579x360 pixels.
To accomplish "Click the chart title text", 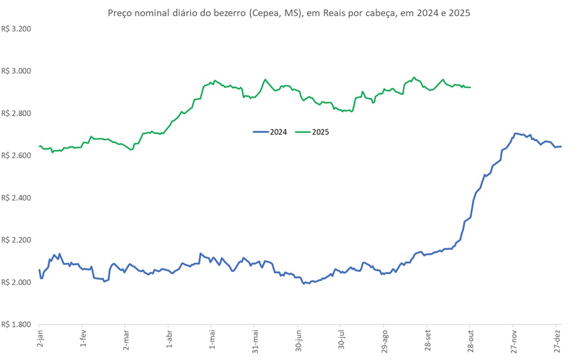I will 289,13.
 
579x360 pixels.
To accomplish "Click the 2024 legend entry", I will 269,132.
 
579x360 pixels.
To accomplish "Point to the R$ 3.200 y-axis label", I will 16,28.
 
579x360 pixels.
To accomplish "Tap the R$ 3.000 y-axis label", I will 16,71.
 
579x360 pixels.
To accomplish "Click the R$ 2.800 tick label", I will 16,113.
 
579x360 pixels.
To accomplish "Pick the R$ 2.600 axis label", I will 16,156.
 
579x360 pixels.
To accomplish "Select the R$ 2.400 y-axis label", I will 16,198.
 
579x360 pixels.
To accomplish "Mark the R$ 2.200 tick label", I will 16,240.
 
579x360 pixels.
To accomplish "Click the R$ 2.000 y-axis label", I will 16,283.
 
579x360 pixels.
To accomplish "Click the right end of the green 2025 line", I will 470,88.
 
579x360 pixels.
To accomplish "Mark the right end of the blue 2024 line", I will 561,147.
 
